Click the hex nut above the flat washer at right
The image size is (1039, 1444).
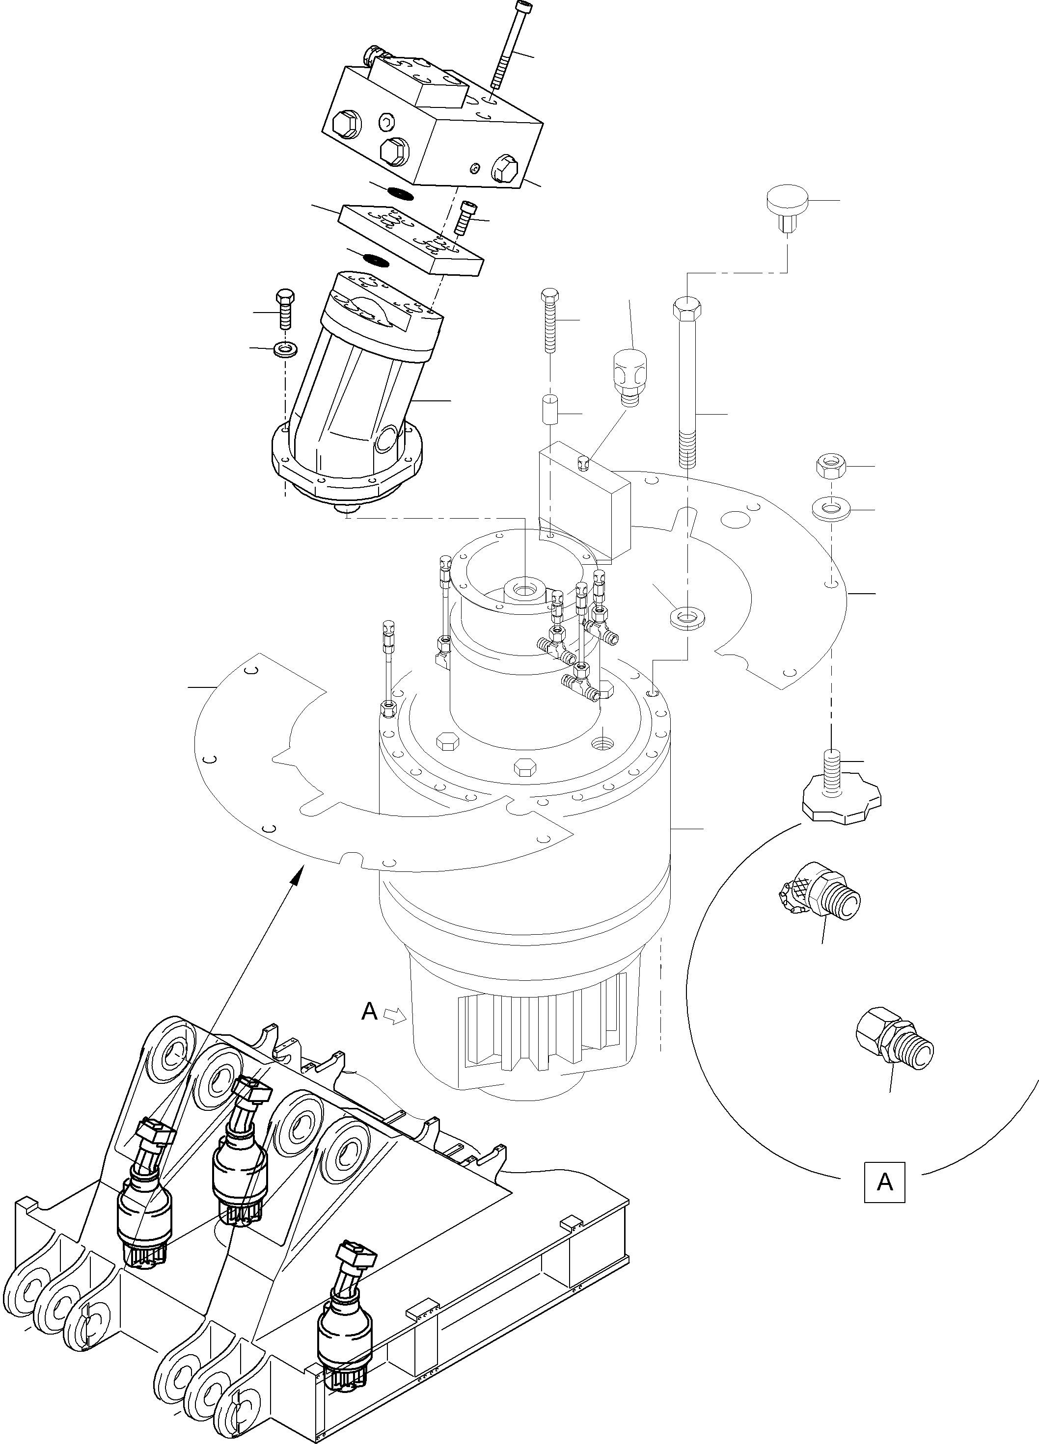831,467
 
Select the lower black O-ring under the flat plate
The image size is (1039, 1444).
375,259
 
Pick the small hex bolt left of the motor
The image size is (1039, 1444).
284,309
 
